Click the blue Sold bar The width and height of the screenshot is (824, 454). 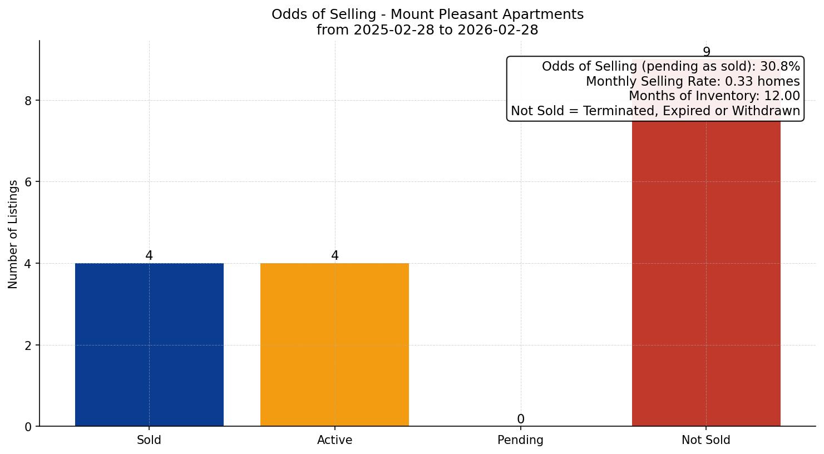coord(149,344)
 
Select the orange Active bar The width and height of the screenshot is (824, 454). coord(334,344)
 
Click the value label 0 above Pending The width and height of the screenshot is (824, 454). coord(520,419)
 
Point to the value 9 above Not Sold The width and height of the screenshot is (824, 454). coord(706,52)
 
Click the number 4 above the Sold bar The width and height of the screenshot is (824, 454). coord(149,255)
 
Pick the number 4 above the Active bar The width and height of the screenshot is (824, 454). coord(334,255)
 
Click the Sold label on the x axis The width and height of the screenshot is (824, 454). coord(149,440)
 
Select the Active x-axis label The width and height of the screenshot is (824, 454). coord(334,440)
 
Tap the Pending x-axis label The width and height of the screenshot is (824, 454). coord(520,440)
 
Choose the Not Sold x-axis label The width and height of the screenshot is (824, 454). coord(706,440)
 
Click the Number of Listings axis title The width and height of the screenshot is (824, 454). coord(13,234)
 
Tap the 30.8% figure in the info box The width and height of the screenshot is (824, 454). coord(780,67)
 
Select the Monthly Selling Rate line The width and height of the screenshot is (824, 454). coord(693,81)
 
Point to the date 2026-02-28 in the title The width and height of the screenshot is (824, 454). coord(497,30)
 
